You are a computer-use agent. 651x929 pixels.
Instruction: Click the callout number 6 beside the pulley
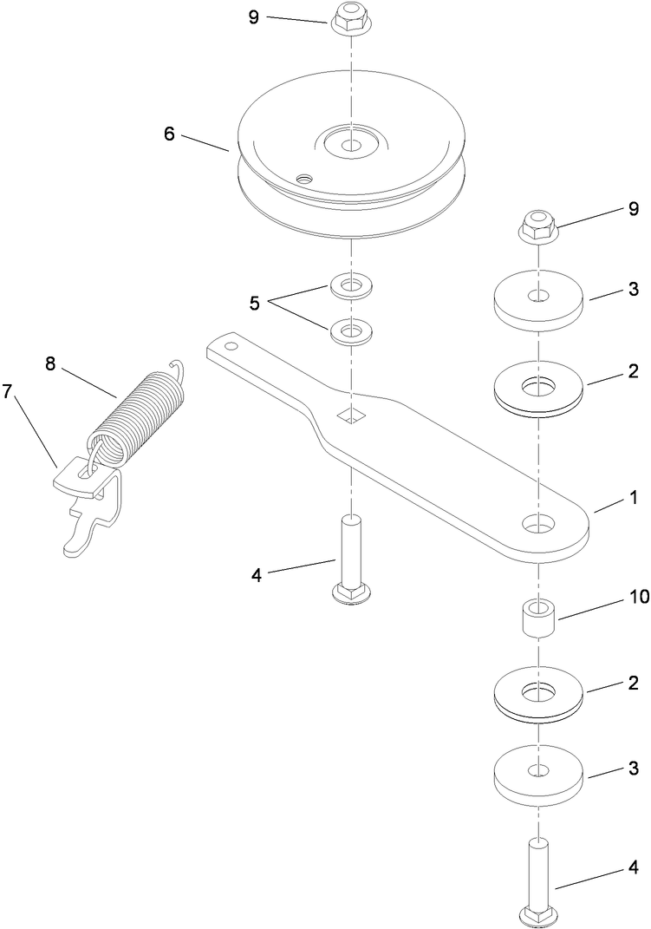(168, 134)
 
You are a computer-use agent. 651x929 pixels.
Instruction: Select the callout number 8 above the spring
(50, 363)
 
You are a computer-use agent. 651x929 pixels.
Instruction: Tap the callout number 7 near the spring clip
(8, 391)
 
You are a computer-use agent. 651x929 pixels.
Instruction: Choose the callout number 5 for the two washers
(254, 304)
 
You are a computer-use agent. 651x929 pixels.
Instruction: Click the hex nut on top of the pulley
(350, 17)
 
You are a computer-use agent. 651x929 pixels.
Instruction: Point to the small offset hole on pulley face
(302, 178)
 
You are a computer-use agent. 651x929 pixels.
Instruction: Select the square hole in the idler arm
(351, 415)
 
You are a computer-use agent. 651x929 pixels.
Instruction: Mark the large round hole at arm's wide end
(537, 523)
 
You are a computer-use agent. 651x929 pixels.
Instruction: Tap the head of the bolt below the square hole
(350, 592)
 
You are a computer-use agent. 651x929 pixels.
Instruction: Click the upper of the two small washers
(351, 285)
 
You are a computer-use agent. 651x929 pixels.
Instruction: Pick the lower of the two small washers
(351, 331)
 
